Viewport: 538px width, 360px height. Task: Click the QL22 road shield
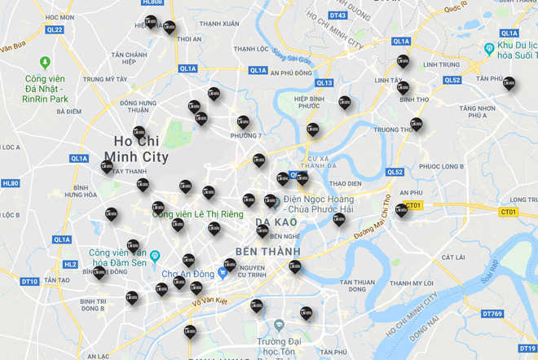(x=55, y=29)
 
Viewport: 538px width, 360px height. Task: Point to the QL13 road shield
(x=324, y=83)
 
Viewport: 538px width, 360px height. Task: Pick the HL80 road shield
(x=11, y=184)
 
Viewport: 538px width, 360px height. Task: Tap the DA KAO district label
(x=274, y=222)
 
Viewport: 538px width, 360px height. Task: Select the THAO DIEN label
(x=345, y=184)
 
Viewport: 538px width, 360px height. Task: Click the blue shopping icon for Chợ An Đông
(x=221, y=274)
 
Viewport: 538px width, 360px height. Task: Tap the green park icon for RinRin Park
(x=44, y=62)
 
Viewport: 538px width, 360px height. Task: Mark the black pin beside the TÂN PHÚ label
(x=509, y=83)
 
